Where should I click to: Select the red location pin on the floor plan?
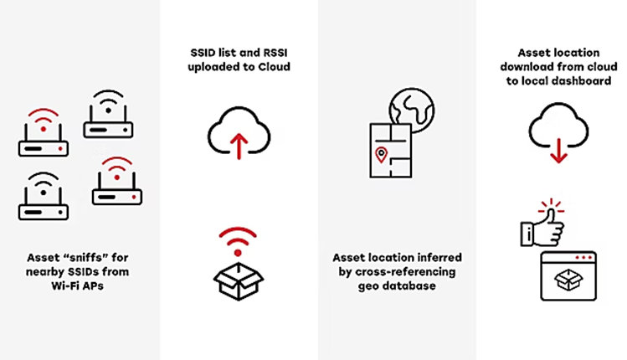tap(382, 154)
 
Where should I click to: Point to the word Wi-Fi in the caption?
tap(67, 286)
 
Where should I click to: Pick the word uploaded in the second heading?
tap(214, 67)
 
